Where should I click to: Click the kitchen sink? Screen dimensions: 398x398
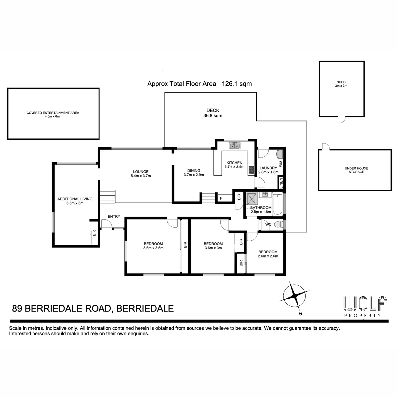[234, 146]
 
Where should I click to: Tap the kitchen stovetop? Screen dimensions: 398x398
[251, 170]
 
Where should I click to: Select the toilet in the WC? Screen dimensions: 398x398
[279, 224]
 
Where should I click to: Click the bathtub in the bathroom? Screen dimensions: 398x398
[277, 204]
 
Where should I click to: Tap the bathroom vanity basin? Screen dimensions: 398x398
[265, 194]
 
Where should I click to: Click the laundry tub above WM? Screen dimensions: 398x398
[280, 154]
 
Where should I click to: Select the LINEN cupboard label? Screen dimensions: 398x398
[281, 182]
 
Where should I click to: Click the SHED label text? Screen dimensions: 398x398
[341, 82]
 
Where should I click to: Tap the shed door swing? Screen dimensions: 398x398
[341, 120]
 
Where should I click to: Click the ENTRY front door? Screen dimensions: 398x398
[107, 224]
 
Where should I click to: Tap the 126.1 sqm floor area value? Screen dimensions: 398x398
[237, 84]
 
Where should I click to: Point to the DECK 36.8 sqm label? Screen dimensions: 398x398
[213, 113]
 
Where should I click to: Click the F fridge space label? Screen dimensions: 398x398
[221, 198]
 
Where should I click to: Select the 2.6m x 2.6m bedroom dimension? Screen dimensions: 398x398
[268, 256]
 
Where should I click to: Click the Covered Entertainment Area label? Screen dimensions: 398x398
[53, 113]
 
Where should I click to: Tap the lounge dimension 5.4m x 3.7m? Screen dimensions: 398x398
[141, 176]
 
